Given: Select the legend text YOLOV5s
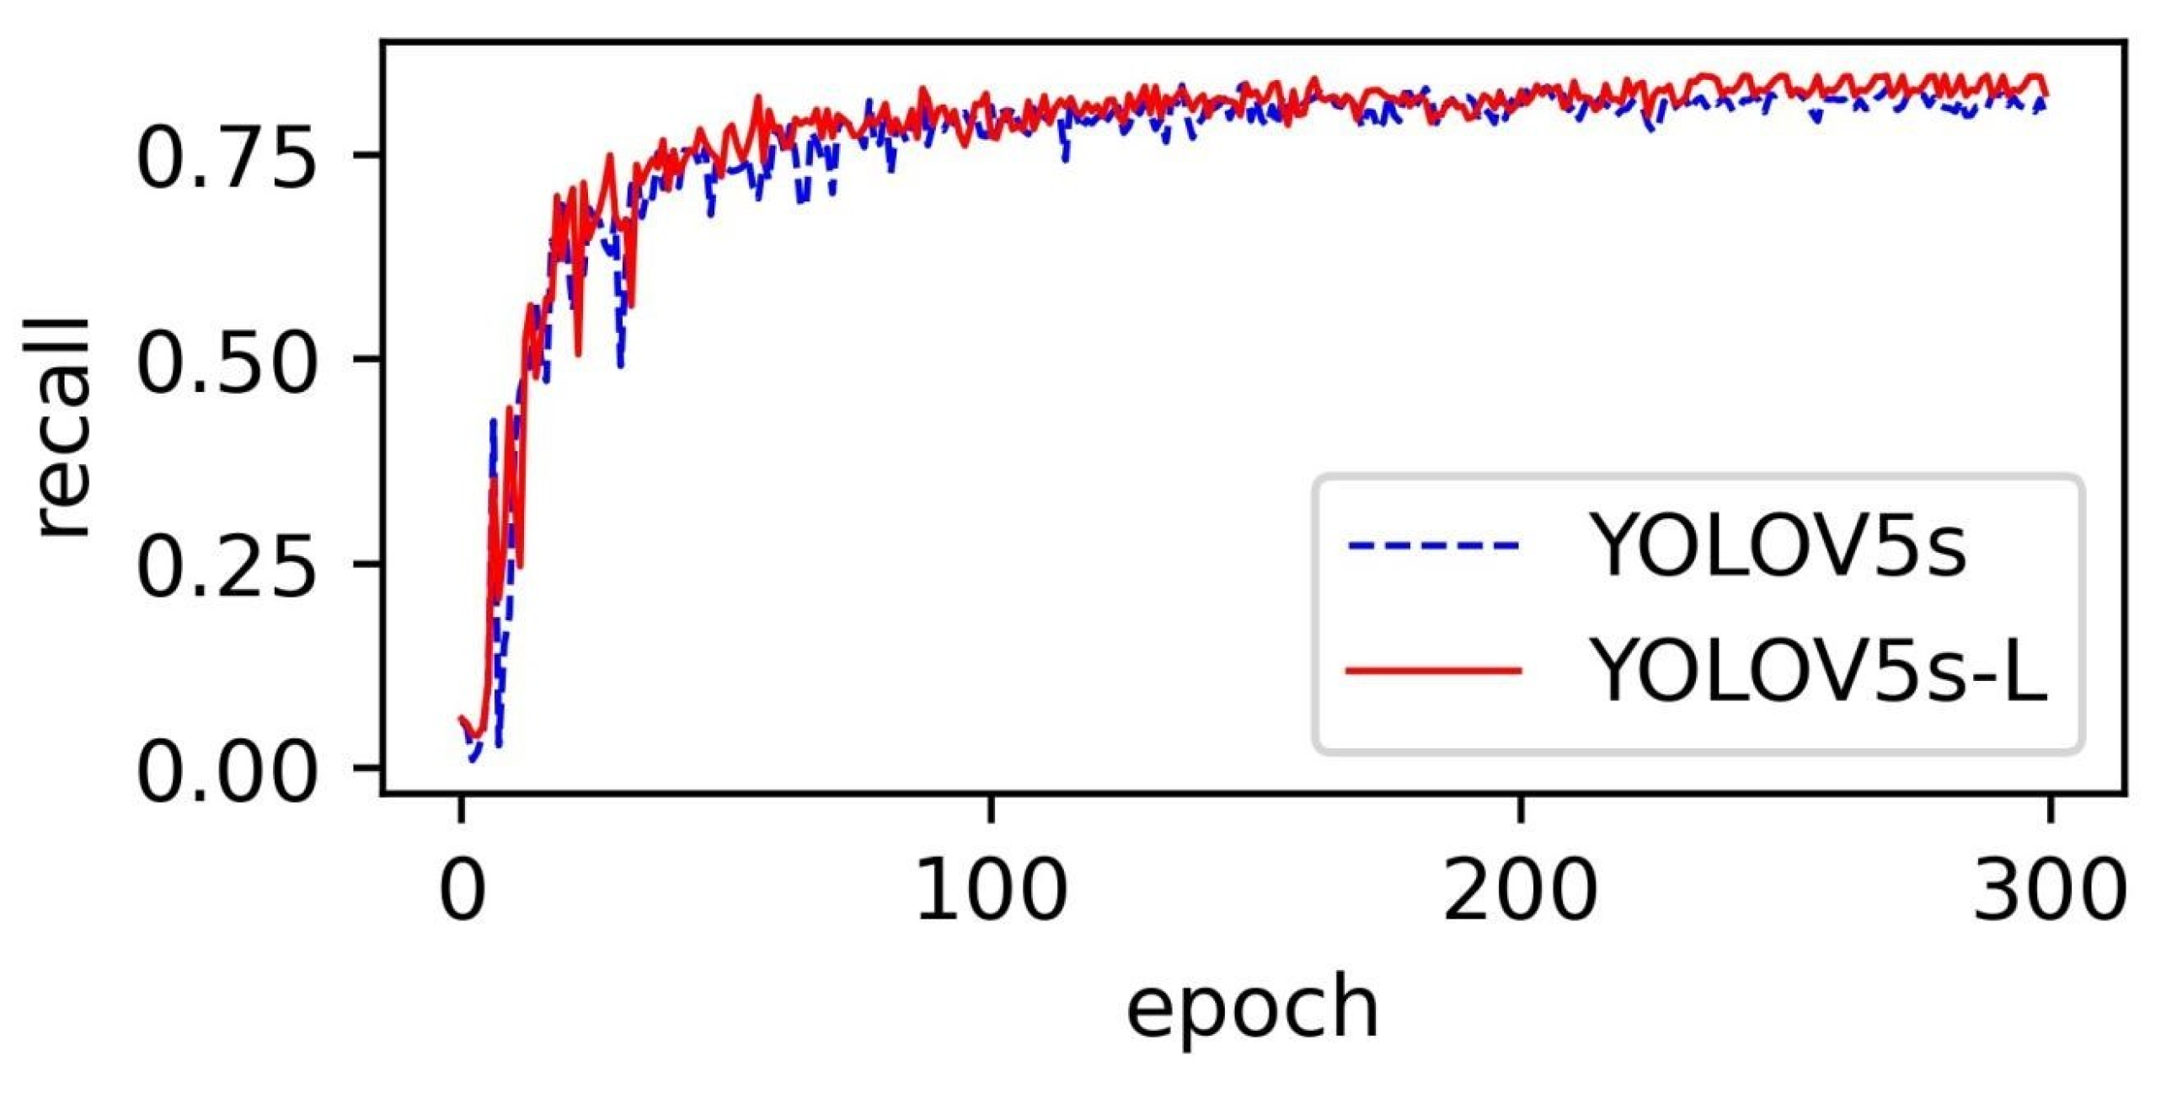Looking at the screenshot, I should (1780, 546).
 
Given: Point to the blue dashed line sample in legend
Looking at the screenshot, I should (1434, 546).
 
